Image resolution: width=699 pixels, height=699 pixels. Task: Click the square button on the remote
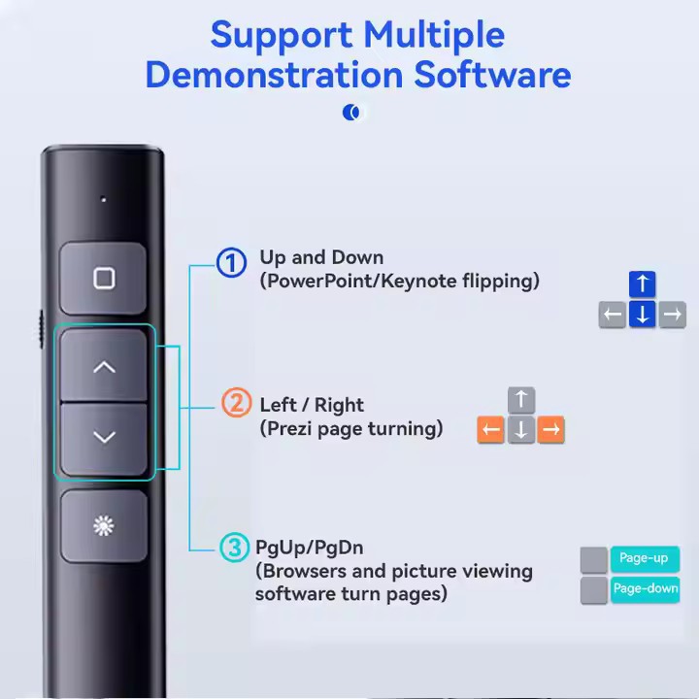coord(104,280)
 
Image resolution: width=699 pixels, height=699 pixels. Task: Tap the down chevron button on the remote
coord(104,438)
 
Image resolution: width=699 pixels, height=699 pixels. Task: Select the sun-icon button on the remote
coord(104,526)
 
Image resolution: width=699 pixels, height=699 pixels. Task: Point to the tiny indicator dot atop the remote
coord(104,200)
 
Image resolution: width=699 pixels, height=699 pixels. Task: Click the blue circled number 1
coord(231,262)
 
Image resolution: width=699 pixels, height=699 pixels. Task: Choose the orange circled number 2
coord(236,402)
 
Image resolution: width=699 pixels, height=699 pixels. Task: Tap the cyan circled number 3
coord(234,548)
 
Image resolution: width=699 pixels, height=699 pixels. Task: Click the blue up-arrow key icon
coord(642,284)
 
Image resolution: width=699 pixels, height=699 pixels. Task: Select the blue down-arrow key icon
coord(642,315)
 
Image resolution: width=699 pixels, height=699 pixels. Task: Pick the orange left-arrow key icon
coord(491,430)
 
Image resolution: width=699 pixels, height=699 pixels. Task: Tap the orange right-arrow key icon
coord(551,430)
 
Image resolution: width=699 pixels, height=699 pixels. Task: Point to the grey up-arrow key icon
coord(521,400)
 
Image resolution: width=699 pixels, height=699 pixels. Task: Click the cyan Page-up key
coord(644,558)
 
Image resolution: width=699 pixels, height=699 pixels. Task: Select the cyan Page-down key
coord(645,588)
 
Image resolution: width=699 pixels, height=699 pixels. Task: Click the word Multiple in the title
coord(432,35)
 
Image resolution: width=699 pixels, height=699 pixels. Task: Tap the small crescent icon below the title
coord(351,113)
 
